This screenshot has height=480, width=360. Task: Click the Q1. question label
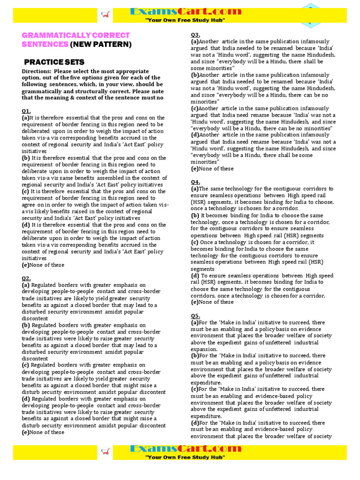tap(26, 111)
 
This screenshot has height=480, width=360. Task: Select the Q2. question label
tap(26, 278)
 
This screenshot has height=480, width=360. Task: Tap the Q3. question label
tap(195, 35)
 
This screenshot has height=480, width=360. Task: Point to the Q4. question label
tap(195, 182)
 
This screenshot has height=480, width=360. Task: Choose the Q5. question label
tap(195, 315)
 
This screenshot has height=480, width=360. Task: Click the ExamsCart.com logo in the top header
tap(180, 12)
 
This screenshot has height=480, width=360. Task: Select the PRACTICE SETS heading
tap(54, 62)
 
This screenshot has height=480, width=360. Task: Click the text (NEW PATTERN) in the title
tap(101, 45)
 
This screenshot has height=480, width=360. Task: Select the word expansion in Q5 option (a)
tap(204, 349)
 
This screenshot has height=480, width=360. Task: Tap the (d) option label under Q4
tap(195, 276)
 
